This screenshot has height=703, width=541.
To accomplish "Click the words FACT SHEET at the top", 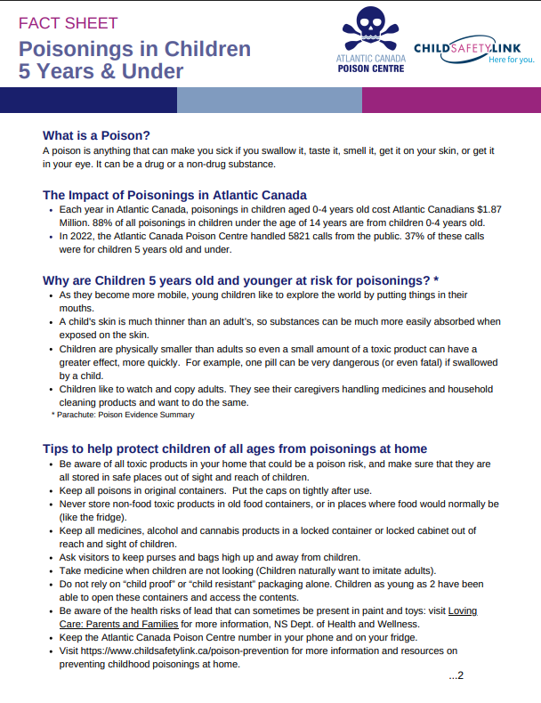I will coord(68,23).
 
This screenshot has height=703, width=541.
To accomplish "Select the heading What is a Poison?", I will coord(96,135).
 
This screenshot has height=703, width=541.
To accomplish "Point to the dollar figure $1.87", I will coord(488,209).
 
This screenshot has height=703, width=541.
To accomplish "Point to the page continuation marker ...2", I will coord(456,675).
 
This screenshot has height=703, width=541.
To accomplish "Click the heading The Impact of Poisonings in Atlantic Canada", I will coord(174,195).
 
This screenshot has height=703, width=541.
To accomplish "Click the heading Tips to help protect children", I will coord(235,448).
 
